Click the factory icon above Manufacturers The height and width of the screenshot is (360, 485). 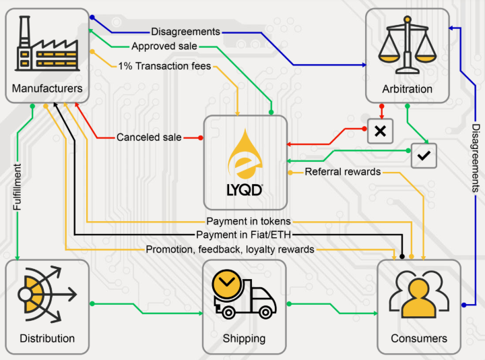click(x=46, y=43)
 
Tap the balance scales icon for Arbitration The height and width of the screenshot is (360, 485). click(x=406, y=46)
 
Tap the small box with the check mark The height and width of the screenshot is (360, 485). click(x=424, y=155)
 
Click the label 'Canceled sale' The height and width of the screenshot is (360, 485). click(x=149, y=137)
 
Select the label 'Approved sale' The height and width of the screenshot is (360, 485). click(x=164, y=47)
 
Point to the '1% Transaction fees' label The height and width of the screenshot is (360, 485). click(x=164, y=66)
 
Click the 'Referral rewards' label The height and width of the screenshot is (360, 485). click(x=342, y=172)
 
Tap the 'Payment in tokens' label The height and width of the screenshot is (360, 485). click(x=249, y=221)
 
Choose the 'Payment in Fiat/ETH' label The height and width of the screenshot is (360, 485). click(x=247, y=235)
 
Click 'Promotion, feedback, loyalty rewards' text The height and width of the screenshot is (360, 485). click(x=230, y=249)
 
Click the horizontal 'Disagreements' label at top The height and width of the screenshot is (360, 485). click(x=185, y=31)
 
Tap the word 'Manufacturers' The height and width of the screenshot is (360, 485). click(x=47, y=88)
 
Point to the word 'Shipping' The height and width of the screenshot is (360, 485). click(x=244, y=338)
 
